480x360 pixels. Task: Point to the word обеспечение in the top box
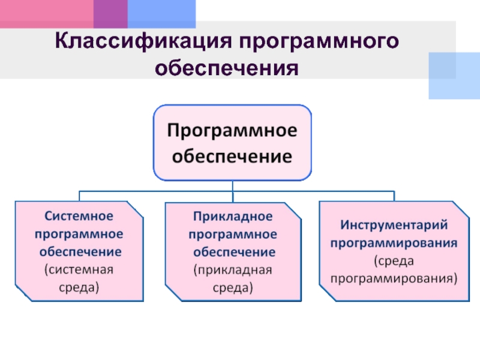(232, 157)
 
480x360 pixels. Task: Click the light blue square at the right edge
(454, 75)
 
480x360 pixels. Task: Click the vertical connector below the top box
(232, 186)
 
